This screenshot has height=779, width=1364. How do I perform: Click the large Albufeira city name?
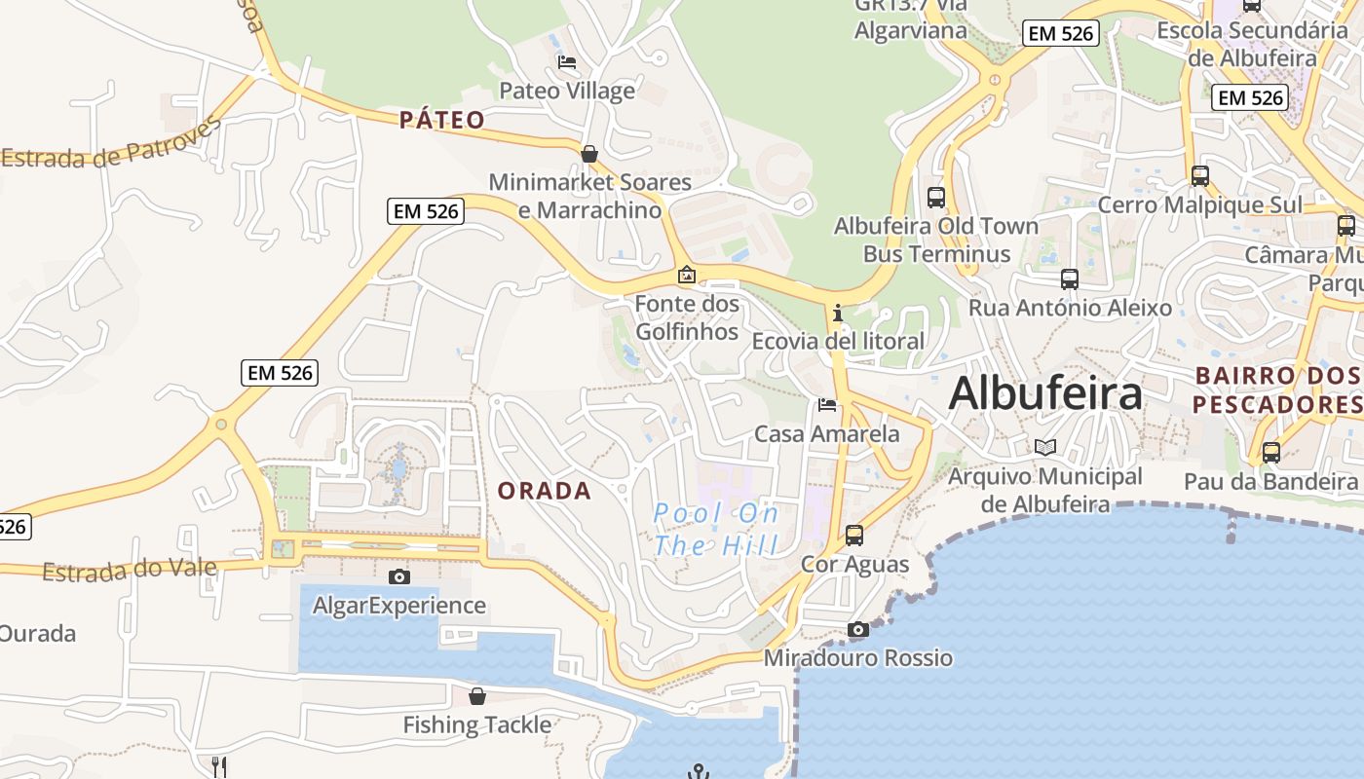[x=1045, y=393]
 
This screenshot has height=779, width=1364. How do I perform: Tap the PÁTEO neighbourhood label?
[x=442, y=120]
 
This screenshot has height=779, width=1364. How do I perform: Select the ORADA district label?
[x=545, y=491]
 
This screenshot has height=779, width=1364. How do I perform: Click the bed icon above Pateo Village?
[x=567, y=62]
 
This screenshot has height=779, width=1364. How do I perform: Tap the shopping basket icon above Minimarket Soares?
[x=588, y=154]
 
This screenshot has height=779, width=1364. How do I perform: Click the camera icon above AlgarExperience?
[x=398, y=576]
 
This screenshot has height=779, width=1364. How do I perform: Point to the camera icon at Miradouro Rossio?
[x=857, y=629]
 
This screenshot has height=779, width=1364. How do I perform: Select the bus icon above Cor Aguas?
[x=854, y=535]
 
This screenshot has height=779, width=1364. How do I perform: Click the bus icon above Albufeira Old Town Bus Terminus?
[x=936, y=197]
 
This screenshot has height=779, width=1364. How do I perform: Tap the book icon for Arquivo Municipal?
[x=1045, y=447]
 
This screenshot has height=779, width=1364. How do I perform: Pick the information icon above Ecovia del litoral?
[x=837, y=313]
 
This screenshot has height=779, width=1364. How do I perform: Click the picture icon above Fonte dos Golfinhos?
[x=687, y=276]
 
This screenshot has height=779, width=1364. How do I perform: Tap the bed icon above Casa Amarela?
[x=827, y=404]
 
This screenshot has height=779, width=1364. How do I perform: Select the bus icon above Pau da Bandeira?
[x=1271, y=452]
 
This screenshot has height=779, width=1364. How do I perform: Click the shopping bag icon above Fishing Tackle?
[x=477, y=696]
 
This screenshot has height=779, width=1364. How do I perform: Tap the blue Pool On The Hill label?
[x=716, y=529]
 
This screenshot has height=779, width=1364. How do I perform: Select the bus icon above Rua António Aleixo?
[x=1070, y=279]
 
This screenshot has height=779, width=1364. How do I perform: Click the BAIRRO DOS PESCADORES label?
[x=1276, y=389]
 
